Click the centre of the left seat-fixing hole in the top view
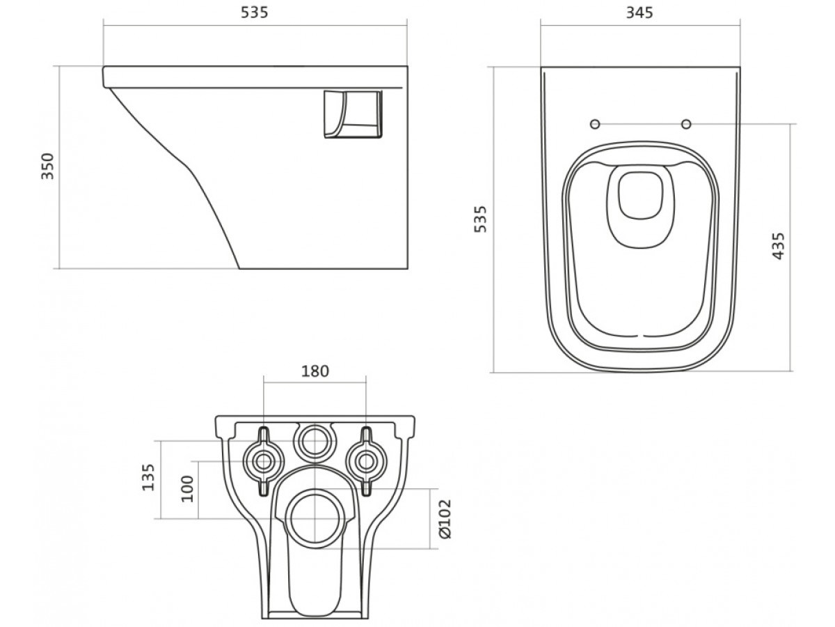click(x=595, y=124)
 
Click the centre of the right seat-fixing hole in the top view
click(x=686, y=124)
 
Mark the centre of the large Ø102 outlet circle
click(x=315, y=518)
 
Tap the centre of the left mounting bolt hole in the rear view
click(x=263, y=462)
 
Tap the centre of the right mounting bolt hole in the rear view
click(x=366, y=462)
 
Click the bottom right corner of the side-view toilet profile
click(x=408, y=269)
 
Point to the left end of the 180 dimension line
click(x=264, y=382)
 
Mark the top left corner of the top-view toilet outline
click(x=541, y=68)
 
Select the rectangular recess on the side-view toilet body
click(x=353, y=114)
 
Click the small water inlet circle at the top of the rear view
click(x=315, y=441)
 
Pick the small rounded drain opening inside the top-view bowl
click(x=641, y=196)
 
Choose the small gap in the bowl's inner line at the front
click(x=640, y=336)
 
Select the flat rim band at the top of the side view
click(x=255, y=77)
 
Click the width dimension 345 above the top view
click(x=639, y=13)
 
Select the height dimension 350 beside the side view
click(x=48, y=166)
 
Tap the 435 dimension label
click(x=779, y=247)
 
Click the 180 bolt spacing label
click(x=315, y=371)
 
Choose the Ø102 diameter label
click(x=445, y=519)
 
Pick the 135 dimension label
click(x=148, y=477)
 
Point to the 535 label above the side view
click(x=255, y=13)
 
